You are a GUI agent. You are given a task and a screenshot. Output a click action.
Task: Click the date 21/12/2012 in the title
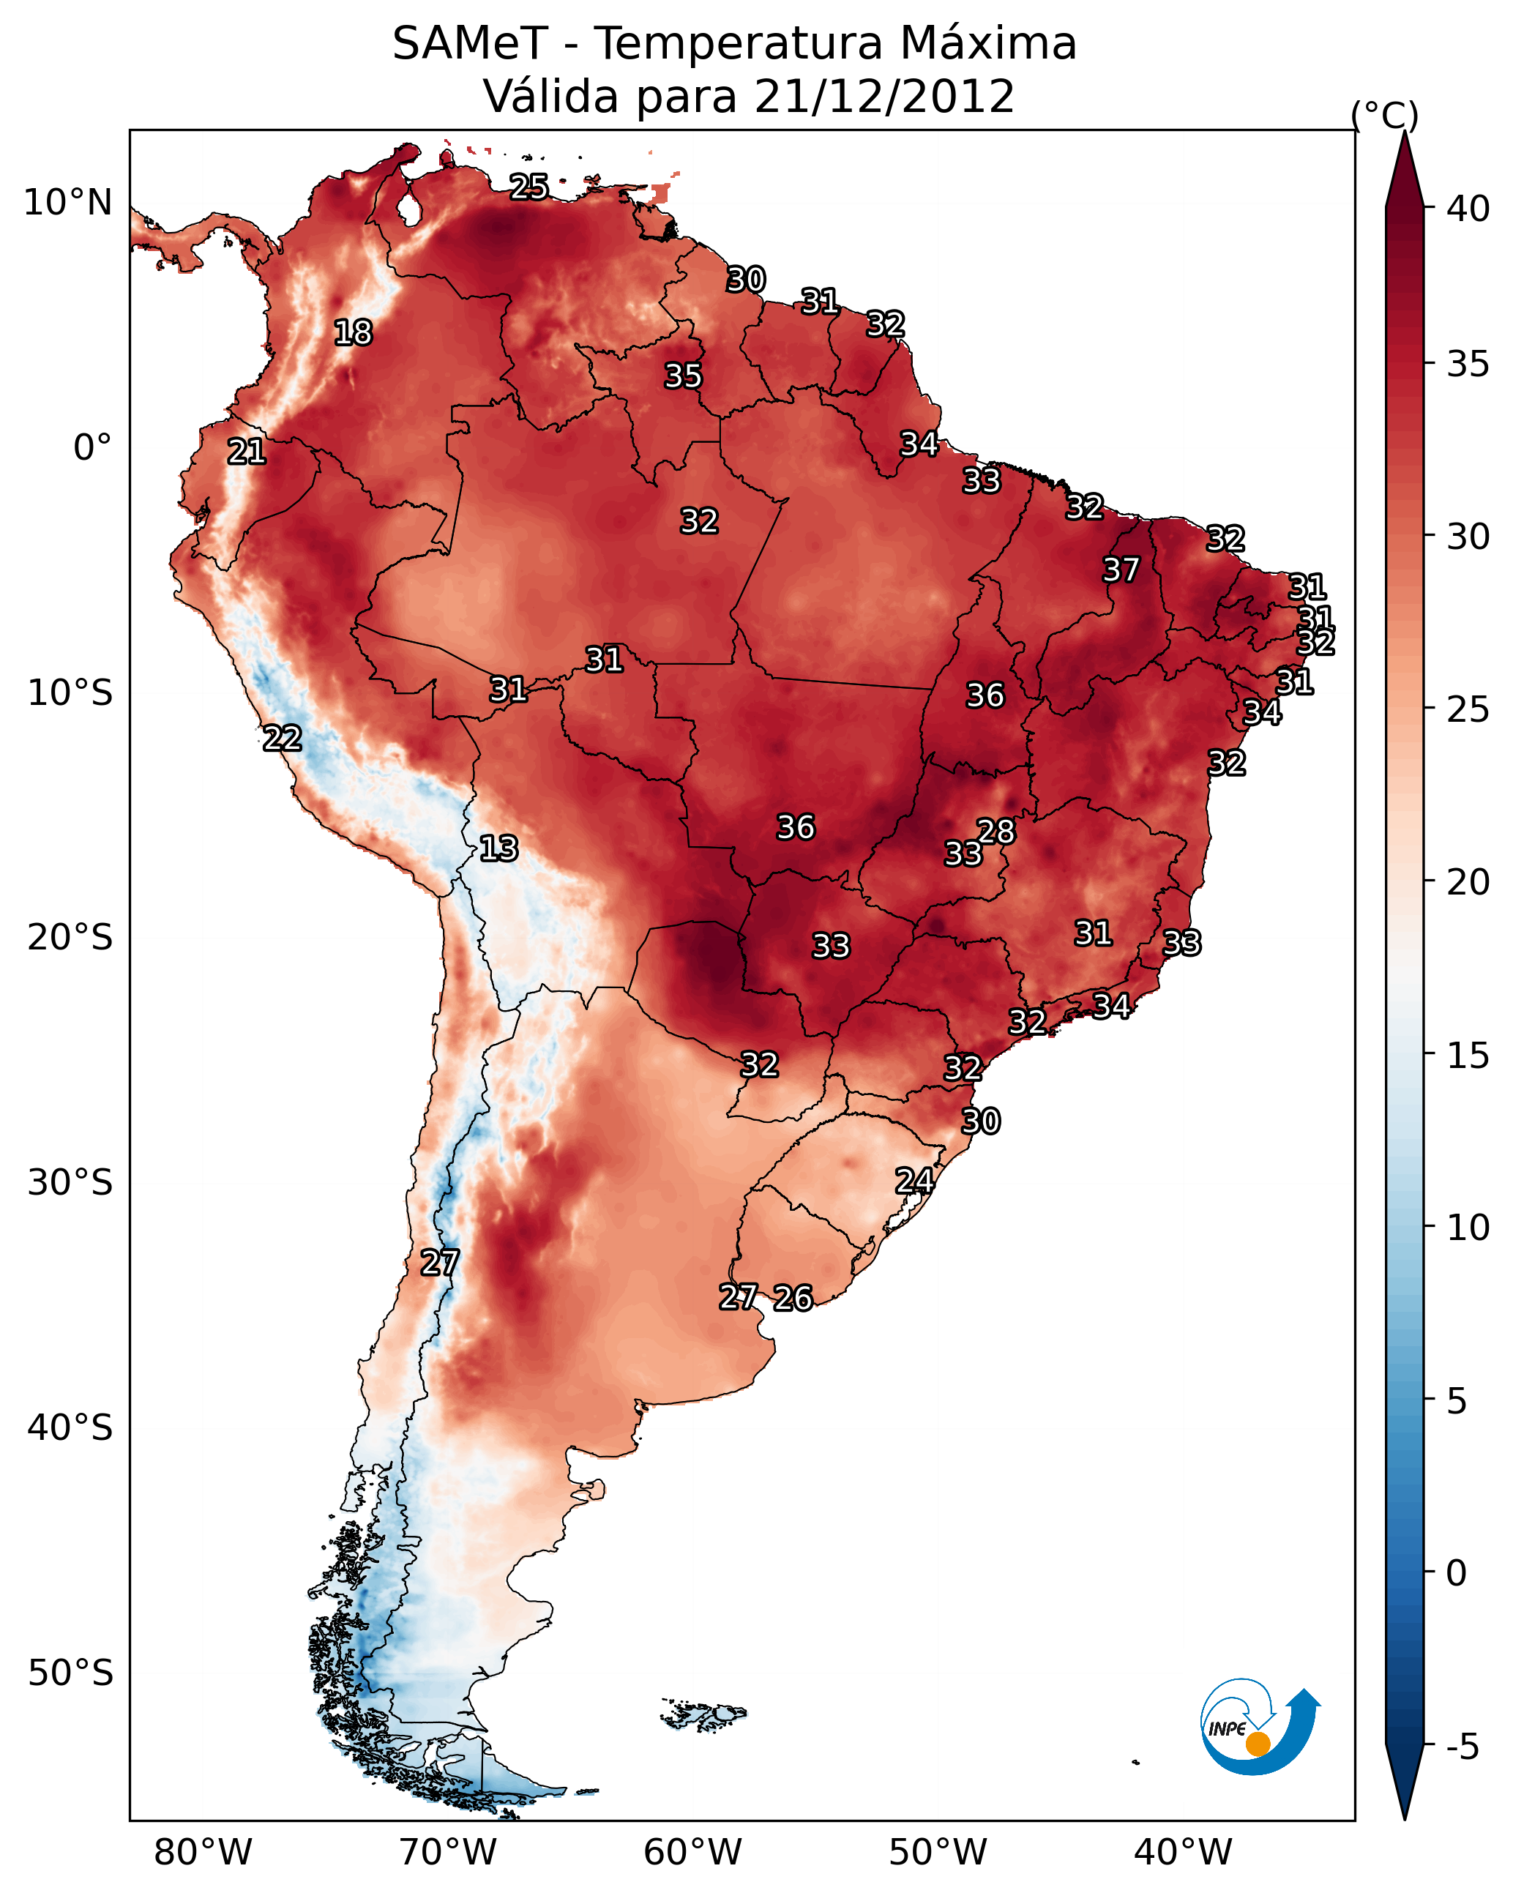coord(883,97)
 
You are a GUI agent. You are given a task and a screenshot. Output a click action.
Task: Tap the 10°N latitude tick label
coord(67,203)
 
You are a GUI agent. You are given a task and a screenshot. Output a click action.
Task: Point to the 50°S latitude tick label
coord(70,1673)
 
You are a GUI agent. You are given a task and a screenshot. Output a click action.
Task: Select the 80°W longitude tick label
coord(203,1852)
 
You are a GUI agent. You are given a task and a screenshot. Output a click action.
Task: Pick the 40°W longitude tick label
coord(1183,1852)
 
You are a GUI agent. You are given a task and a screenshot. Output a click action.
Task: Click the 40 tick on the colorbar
coord(1468,209)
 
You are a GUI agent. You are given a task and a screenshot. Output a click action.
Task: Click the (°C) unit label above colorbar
coord(1385,116)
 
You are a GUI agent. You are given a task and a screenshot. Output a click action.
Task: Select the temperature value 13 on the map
coord(498,848)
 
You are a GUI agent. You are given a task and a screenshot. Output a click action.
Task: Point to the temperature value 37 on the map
coord(1121,570)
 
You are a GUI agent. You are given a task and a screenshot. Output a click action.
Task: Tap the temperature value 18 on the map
coord(353,333)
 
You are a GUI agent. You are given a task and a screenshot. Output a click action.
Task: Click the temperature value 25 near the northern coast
coord(528,187)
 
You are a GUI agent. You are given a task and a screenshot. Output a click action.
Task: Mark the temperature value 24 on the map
coord(914,1181)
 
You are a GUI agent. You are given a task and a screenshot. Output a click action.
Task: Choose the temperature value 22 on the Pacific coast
coord(283,739)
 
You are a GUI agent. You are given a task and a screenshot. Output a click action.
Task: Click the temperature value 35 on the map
coord(683,376)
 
